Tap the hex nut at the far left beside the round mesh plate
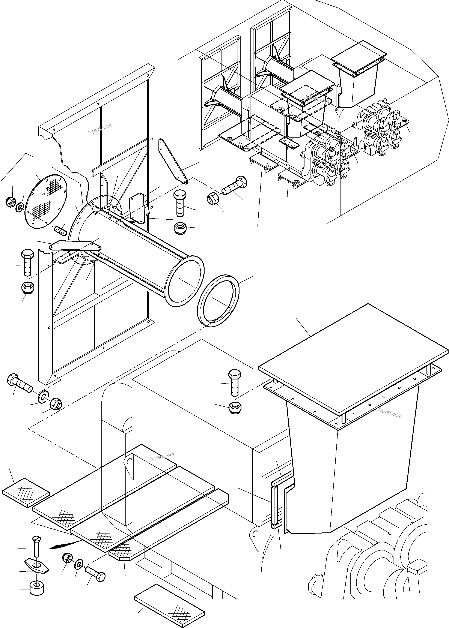coord(10,202)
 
